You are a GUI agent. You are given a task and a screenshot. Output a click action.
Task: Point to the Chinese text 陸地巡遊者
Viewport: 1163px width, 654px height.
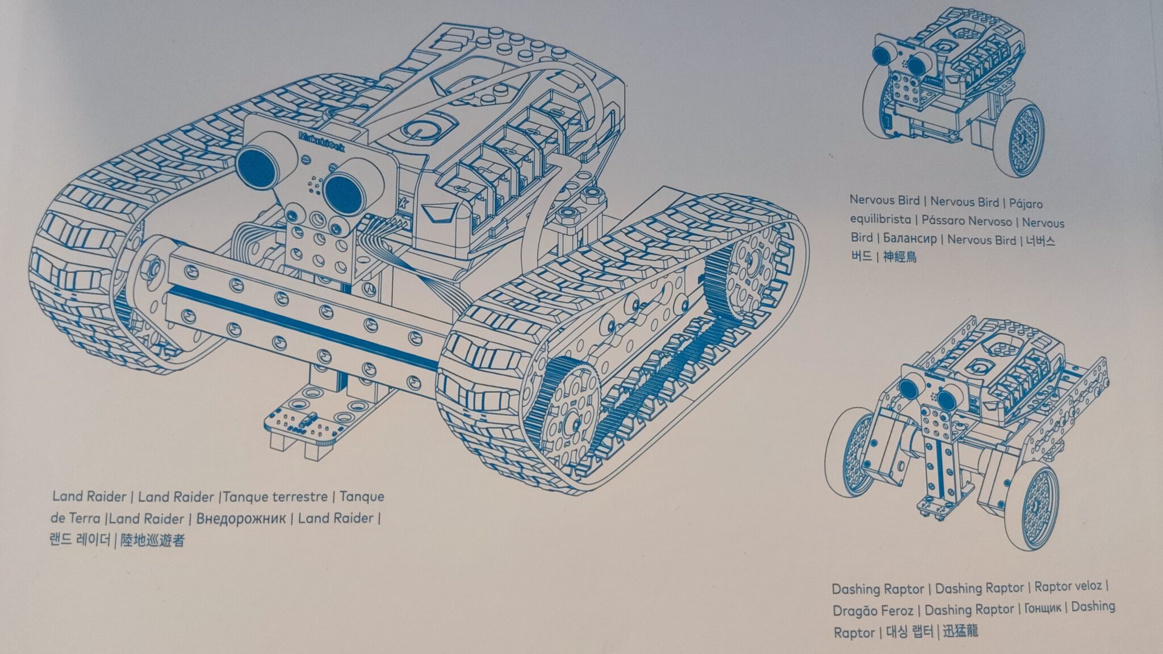[x=153, y=540]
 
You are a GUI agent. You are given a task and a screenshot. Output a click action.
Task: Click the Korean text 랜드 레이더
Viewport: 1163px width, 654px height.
[x=80, y=540]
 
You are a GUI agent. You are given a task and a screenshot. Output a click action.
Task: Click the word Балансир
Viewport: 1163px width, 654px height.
[x=911, y=239]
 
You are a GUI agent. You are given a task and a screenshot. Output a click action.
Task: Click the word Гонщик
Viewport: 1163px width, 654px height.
[x=1043, y=608]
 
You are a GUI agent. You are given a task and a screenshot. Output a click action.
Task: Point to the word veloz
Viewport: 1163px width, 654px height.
[x=1084, y=586]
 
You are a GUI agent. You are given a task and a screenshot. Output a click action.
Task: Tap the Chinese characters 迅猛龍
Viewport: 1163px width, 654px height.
[x=960, y=630]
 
